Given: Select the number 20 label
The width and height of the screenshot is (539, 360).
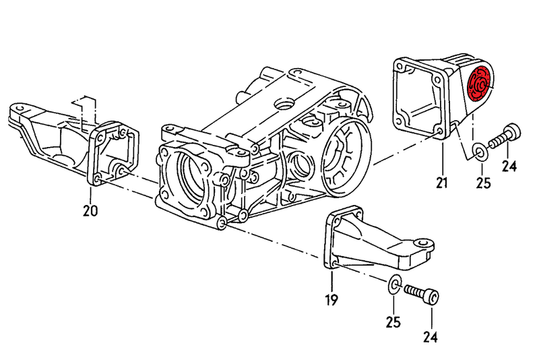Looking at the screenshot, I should pyautogui.click(x=90, y=211).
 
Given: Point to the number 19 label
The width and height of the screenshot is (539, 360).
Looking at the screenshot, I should pyautogui.click(x=333, y=299).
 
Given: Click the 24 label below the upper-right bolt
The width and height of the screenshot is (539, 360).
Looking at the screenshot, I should pyautogui.click(x=509, y=167).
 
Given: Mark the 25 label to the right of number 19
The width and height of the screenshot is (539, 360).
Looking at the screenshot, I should pyautogui.click(x=394, y=322).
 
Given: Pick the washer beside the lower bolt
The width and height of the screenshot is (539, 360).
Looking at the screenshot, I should pyautogui.click(x=395, y=283).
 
